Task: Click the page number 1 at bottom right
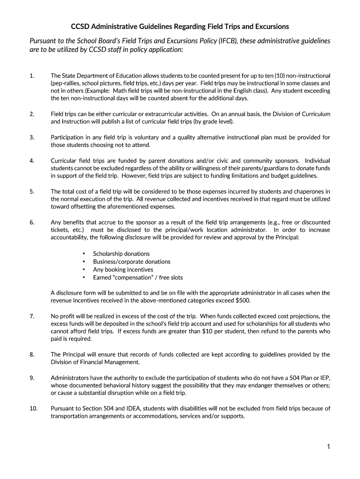(x=329, y=446)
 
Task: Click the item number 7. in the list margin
(x=31, y=316)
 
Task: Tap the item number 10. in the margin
(x=33, y=408)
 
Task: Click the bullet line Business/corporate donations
(x=131, y=261)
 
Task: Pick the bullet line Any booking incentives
(x=123, y=269)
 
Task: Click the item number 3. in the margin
(x=31, y=137)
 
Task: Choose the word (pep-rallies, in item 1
(x=65, y=83)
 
